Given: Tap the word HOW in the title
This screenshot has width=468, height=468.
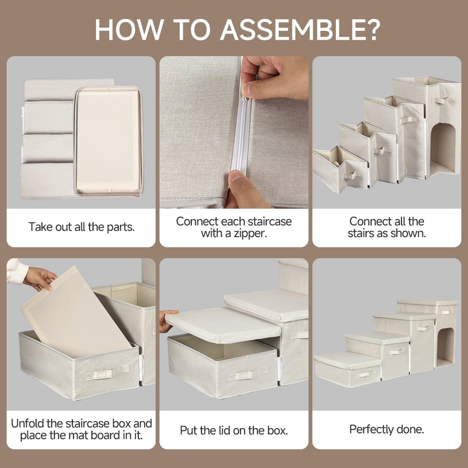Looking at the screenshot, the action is click(128, 30).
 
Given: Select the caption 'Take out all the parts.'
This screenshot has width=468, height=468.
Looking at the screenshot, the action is click(82, 227).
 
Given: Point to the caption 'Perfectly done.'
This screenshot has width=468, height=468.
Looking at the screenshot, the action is click(386, 429).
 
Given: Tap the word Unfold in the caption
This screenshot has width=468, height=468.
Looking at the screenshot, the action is click(27, 423).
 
